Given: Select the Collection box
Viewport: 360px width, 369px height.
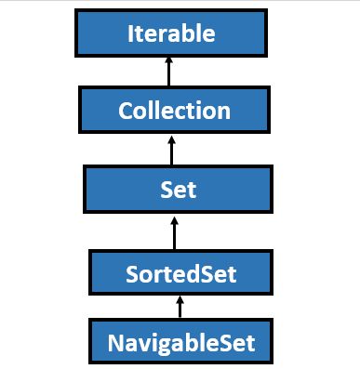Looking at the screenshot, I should pyautogui.click(x=174, y=111).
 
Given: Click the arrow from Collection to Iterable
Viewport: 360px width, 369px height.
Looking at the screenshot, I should pyautogui.click(x=169, y=72).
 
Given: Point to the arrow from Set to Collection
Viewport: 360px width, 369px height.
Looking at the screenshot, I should pyautogui.click(x=170, y=150).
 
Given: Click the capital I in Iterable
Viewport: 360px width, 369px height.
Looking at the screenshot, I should pyautogui.click(x=130, y=34).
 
